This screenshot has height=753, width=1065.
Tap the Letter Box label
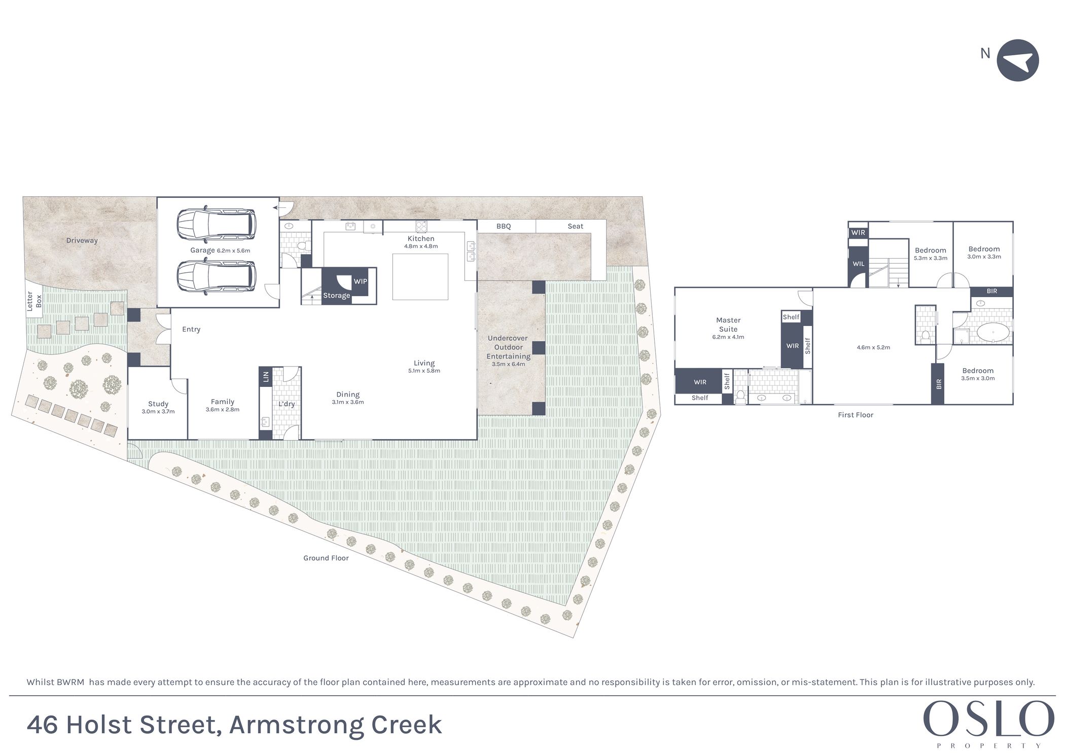[34, 301]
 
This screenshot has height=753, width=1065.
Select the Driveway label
[82, 240]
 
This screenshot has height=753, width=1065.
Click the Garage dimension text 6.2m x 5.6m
[233, 250]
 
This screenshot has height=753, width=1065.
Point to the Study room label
[158, 404]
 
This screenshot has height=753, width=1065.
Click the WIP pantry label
[360, 281]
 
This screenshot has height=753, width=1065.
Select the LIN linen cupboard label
[266, 376]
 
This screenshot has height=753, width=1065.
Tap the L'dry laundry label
[287, 404]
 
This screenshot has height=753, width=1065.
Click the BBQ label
[504, 226]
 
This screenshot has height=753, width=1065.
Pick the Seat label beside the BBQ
[575, 226]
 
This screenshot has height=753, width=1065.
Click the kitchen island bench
[420, 277]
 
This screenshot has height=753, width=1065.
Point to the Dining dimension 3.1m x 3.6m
[348, 402]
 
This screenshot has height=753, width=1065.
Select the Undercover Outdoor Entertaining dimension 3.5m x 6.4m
[508, 364]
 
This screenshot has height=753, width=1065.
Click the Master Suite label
[728, 325]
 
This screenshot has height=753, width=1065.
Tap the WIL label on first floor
[858, 264]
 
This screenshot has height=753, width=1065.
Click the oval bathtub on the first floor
[992, 333]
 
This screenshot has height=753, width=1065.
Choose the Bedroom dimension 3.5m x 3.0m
[978, 378]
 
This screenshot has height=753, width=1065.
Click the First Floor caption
[856, 415]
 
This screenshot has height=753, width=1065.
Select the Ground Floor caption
[326, 558]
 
